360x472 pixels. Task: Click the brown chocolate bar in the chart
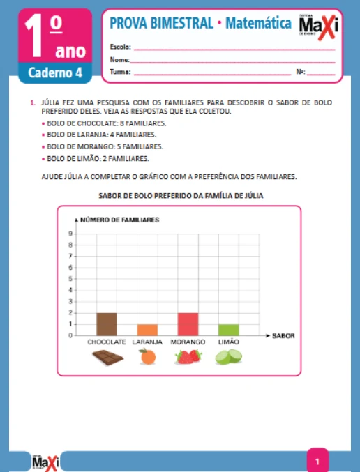[107, 323]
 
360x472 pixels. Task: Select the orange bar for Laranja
[147, 329]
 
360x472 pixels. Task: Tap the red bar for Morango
[188, 323]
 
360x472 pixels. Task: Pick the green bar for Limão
[228, 329]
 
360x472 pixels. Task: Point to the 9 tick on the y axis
[70, 234]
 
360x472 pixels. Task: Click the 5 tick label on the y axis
[70, 279]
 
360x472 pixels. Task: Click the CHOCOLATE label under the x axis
[107, 342]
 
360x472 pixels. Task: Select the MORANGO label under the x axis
[188, 342]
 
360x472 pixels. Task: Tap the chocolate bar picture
[107, 358]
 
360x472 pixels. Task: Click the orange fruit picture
[147, 357]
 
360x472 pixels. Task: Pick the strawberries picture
[188, 357]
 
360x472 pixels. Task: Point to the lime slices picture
[228, 357]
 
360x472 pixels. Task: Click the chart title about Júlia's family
[180, 196]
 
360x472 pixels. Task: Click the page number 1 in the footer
[317, 461]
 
